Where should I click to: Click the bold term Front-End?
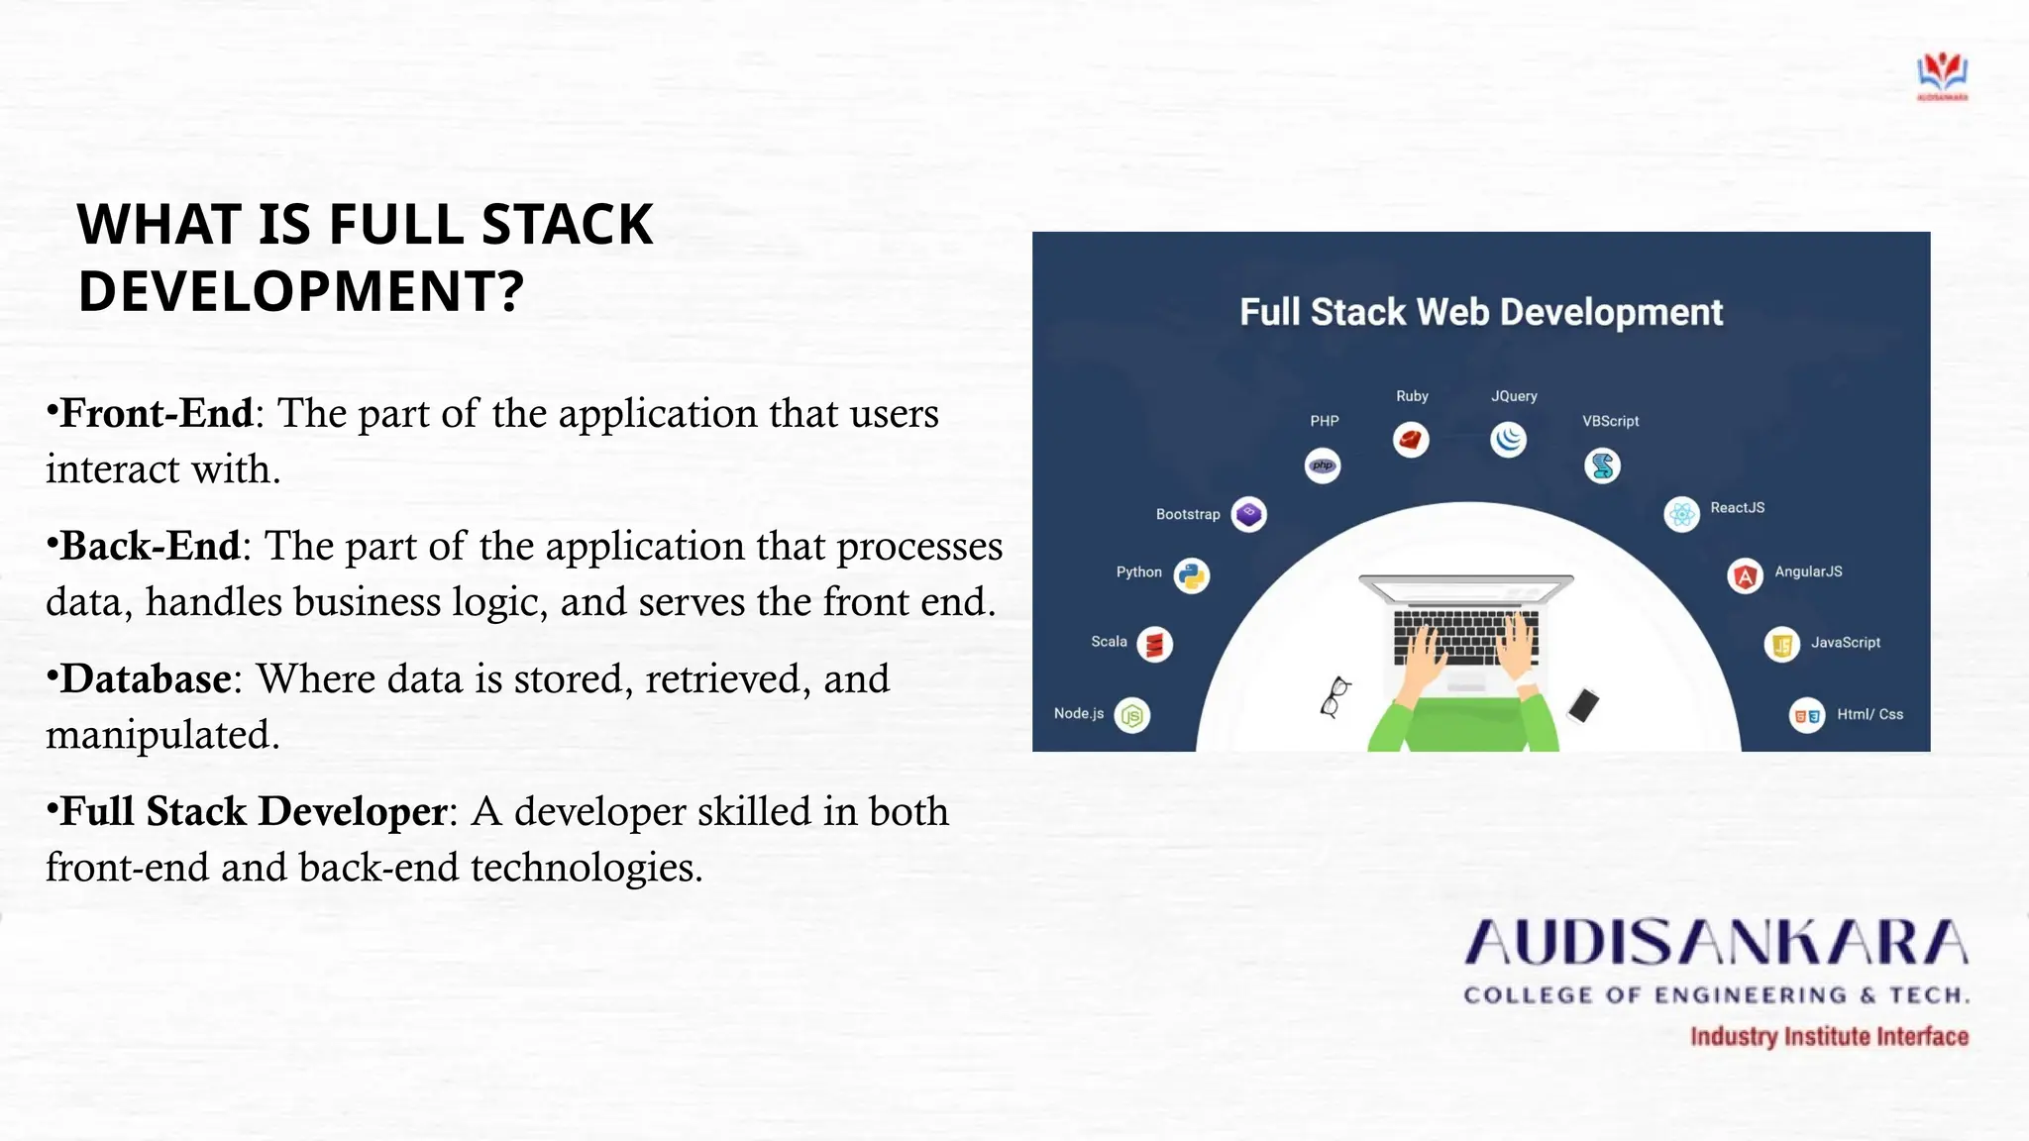(x=156, y=414)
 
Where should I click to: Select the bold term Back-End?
(x=150, y=547)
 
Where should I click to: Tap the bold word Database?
(x=146, y=679)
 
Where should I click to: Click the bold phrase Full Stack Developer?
(x=254, y=812)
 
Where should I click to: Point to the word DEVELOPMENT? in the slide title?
(x=300, y=291)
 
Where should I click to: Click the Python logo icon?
(x=1192, y=575)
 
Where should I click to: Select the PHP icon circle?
(x=1323, y=466)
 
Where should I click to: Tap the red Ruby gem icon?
(x=1411, y=439)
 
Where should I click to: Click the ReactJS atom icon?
(x=1681, y=514)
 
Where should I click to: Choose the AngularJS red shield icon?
(x=1745, y=575)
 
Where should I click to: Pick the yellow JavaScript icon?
(x=1781, y=646)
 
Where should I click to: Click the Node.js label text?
(x=1078, y=713)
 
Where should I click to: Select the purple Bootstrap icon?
(x=1248, y=514)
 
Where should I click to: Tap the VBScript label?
(x=1610, y=421)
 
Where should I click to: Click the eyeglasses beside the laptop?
(x=1335, y=695)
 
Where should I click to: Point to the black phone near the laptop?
(x=1583, y=705)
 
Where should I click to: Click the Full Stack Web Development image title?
(x=1480, y=312)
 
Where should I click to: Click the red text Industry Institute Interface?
(x=1829, y=1037)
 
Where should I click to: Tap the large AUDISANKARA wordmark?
(x=1716, y=943)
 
